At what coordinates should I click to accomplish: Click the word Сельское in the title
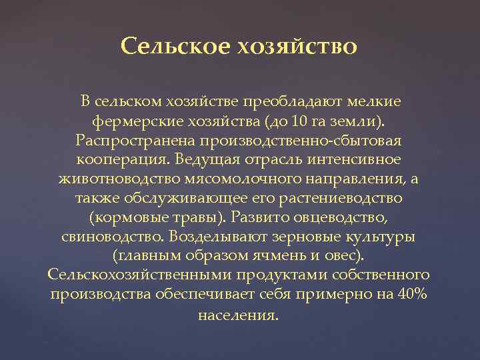[175, 47]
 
